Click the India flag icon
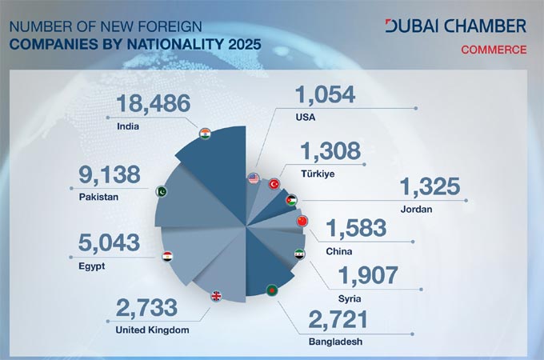[206, 134]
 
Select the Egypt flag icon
[168, 257]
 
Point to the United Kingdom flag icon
[216, 296]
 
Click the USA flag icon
[254, 178]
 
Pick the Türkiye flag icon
[274, 183]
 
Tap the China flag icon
[302, 221]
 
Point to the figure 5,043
[109, 242]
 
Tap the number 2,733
[150, 307]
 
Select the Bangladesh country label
[334, 342]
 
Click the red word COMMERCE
[493, 50]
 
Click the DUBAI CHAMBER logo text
[455, 26]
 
